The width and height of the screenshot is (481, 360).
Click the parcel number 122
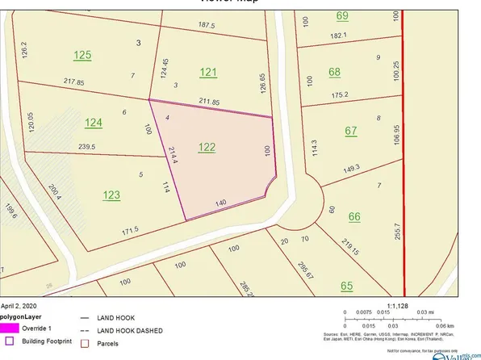point(207,148)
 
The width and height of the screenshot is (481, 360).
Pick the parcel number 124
point(94,123)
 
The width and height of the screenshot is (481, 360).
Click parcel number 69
point(342,15)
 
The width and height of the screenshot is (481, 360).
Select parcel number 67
point(350,131)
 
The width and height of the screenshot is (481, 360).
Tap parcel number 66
point(353,216)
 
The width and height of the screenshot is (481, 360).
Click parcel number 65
point(347,285)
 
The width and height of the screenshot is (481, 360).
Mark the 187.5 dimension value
point(207,25)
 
